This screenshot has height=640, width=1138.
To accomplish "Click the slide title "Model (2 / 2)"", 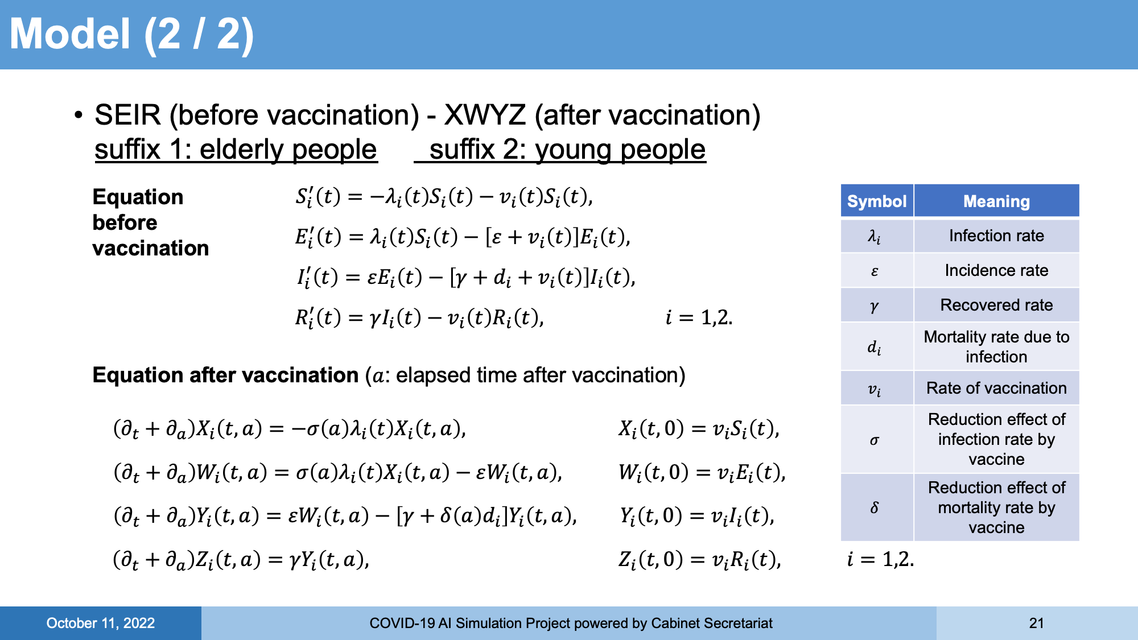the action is tap(132, 35).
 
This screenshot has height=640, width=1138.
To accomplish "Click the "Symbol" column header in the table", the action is tap(877, 201).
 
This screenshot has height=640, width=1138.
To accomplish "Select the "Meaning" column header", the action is tap(996, 201).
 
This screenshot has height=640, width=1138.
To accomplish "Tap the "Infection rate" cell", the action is tap(996, 236).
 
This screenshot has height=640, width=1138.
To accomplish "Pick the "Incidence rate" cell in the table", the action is tap(996, 270).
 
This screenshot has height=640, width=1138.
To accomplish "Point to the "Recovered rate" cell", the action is tap(996, 305).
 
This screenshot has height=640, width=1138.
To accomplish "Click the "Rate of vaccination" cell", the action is tap(996, 388).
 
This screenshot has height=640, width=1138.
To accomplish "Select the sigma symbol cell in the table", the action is tap(877, 439).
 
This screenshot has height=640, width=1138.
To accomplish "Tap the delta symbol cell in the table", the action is tap(877, 507).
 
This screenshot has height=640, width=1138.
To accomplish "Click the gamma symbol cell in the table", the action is tap(877, 305).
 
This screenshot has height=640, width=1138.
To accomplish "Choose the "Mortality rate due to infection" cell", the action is tap(996, 346).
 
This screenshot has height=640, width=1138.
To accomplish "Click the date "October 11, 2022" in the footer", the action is tap(101, 623).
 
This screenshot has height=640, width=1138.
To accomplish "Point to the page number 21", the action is tap(1037, 623).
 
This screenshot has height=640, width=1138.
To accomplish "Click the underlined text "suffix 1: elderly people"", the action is tap(236, 150).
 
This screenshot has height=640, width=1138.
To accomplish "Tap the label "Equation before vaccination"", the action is tap(151, 222).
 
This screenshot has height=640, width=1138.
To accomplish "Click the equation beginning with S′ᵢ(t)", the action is tap(444, 197).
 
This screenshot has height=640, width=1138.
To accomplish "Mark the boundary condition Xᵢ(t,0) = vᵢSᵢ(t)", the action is tap(699, 428).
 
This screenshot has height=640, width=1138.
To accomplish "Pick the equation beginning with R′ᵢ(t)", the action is tap(419, 317).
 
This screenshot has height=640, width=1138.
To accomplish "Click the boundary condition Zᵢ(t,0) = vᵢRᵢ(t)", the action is tap(700, 560).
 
